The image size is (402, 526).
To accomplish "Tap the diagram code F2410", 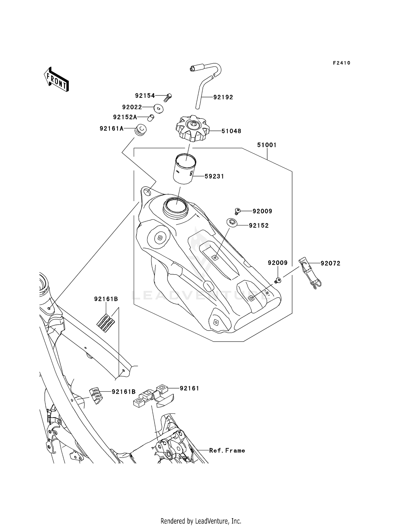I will [x=342, y=63].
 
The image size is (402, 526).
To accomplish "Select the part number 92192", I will [x=223, y=97].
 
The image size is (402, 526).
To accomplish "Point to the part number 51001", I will [x=267, y=145].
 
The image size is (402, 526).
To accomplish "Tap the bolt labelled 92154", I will [x=168, y=97].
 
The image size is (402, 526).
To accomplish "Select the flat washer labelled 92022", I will [x=159, y=109].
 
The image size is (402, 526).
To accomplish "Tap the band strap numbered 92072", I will [x=310, y=273].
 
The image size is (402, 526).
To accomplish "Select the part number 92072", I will [x=330, y=264].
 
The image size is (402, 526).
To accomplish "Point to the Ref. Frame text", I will [x=227, y=451].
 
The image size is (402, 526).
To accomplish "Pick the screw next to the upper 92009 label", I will [x=237, y=211].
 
